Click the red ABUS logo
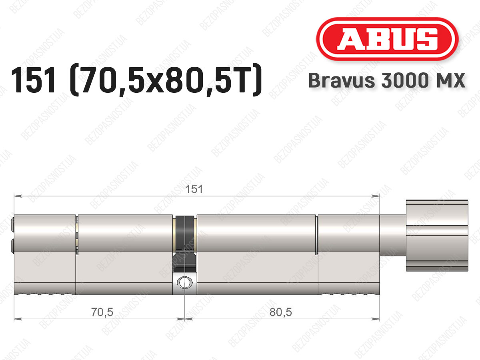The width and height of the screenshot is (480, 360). click(387, 39)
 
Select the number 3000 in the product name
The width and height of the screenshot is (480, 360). click(404, 80)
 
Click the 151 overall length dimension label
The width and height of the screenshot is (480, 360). click(194, 189)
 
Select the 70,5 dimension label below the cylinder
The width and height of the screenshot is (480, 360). click(102, 312)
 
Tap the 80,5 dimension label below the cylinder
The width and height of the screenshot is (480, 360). click(280, 312)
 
